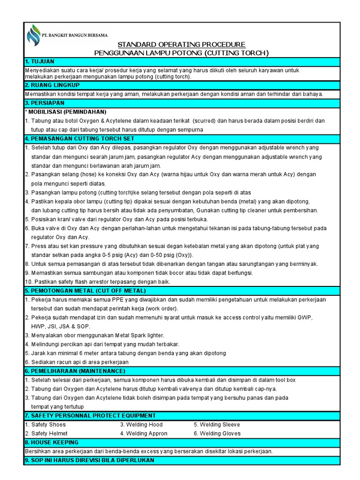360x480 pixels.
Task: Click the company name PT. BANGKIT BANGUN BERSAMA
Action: [x=75, y=35]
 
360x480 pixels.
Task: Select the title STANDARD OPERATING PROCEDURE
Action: [x=181, y=44]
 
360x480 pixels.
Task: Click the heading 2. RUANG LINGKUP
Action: [x=52, y=85]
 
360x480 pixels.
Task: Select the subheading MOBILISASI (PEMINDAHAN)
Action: [x=66, y=112]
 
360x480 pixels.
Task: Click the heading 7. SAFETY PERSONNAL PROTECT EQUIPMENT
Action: [x=90, y=416]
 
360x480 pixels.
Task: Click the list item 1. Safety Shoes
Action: [x=45, y=425]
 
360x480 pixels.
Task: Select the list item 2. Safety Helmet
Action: [x=46, y=434]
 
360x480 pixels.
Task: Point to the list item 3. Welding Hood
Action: [x=141, y=425]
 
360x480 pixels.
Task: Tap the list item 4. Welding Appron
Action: [x=143, y=434]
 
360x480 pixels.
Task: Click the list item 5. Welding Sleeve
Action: [x=217, y=425]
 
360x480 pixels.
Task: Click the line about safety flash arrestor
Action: [x=97, y=282]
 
